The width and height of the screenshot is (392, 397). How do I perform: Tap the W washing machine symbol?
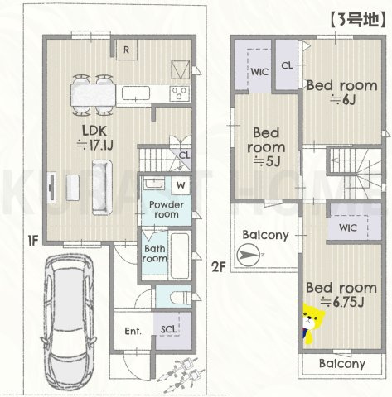179,184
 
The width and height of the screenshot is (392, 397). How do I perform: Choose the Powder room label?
164,208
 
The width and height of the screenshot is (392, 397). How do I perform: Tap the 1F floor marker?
31,242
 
